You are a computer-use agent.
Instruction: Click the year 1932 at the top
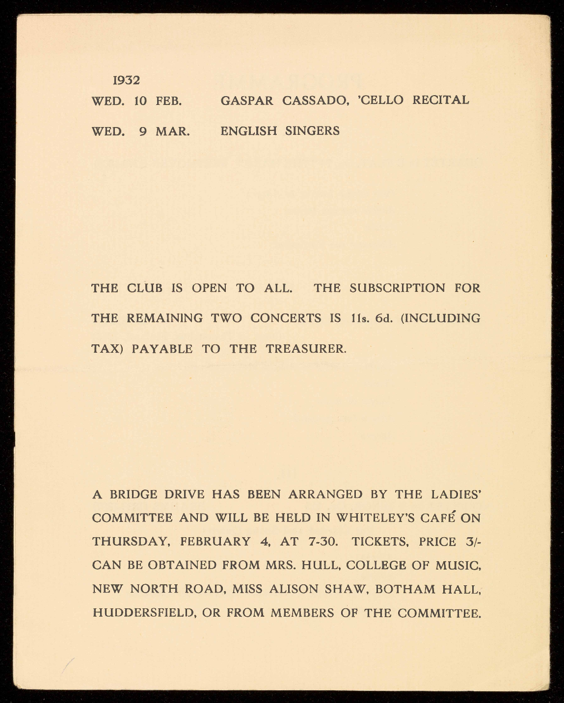pyautogui.click(x=126, y=80)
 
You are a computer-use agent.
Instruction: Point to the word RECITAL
pyautogui.click(x=441, y=101)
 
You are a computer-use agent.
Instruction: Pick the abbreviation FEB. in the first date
pyautogui.click(x=169, y=102)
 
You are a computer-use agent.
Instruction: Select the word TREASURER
pyautogui.click(x=306, y=349)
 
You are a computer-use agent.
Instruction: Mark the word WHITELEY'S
pyautogui.click(x=375, y=518)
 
